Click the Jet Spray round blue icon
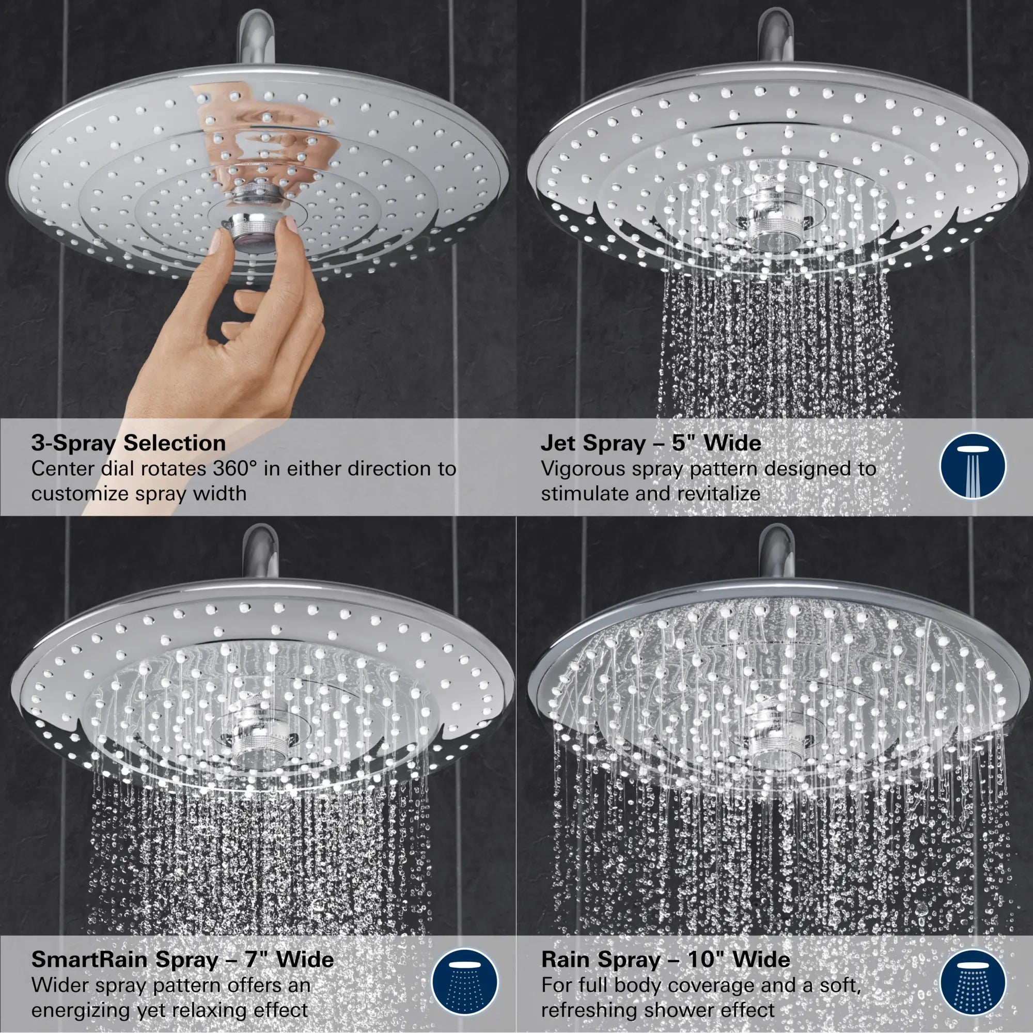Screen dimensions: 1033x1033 pyautogui.click(x=973, y=466)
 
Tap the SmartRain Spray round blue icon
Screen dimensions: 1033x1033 pyautogui.click(x=464, y=982)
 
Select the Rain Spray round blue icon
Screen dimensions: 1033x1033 pyautogui.click(x=973, y=982)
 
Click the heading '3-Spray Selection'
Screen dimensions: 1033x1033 pyautogui.click(x=128, y=443)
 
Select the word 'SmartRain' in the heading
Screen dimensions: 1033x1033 pyautogui.click(x=89, y=959)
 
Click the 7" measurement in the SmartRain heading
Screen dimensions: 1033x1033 pyautogui.click(x=256, y=959)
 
